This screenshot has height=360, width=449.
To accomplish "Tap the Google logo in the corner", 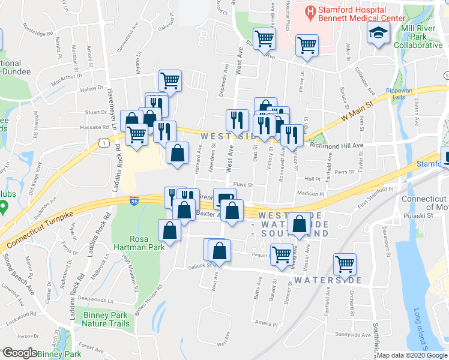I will (20, 353).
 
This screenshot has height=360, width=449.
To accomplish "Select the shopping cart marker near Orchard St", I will (345, 264).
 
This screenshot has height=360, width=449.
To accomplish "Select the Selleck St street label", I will (200, 265).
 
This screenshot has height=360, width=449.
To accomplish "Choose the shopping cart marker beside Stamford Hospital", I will (307, 45).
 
